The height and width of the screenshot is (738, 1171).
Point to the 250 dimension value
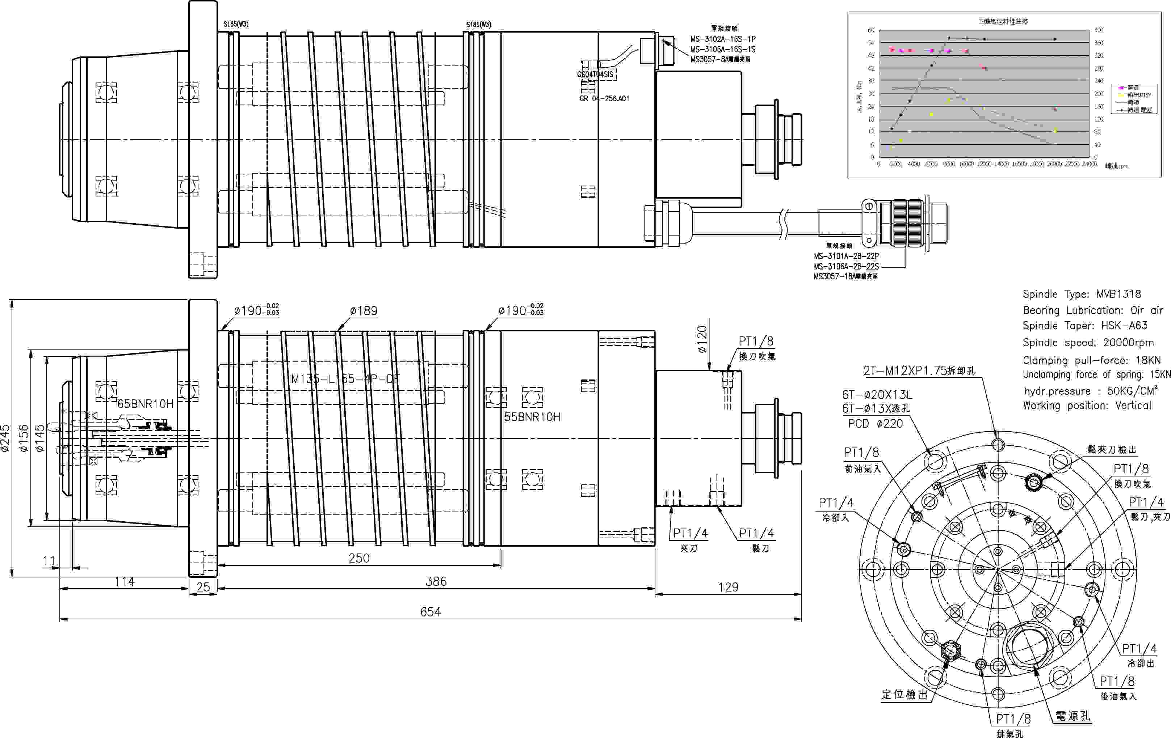click(359, 558)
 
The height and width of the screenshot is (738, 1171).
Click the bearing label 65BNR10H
click(146, 404)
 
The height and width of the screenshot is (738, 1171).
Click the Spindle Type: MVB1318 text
click(1082, 294)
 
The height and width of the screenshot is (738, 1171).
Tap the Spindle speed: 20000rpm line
click(1088, 343)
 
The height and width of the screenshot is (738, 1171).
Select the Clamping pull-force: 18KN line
click(1091, 360)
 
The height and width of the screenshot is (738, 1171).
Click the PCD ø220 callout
click(875, 423)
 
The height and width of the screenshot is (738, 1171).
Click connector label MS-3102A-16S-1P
click(723, 39)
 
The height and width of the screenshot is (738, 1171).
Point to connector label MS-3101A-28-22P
click(846, 256)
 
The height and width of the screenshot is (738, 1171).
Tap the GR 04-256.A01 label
click(604, 99)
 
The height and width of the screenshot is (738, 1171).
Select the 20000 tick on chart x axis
click(1054, 164)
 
